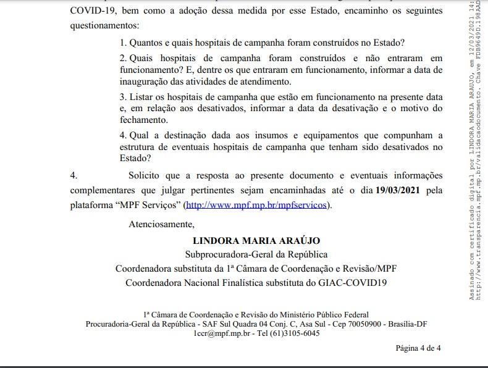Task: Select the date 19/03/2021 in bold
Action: click(x=398, y=190)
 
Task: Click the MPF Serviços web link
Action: click(x=257, y=205)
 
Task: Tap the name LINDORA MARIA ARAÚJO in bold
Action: click(x=256, y=240)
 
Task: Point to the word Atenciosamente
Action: click(x=161, y=224)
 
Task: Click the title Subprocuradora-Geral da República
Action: click(x=256, y=254)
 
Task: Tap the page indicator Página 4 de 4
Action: click(x=418, y=348)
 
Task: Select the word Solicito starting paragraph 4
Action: click(x=148, y=175)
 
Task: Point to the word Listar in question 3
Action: click(x=141, y=97)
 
